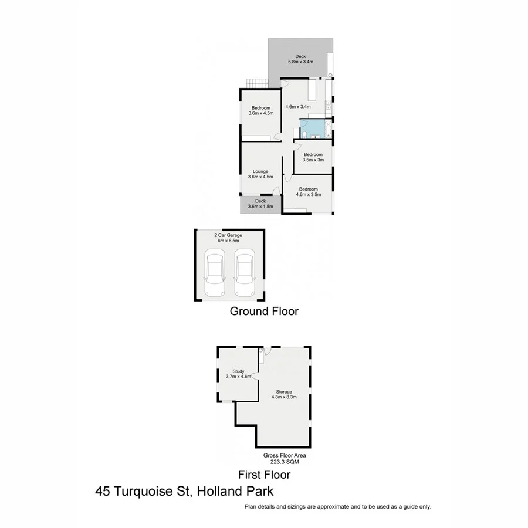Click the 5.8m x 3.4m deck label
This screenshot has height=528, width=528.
pos(300,59)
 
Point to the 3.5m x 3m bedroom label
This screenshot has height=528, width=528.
pos(313,157)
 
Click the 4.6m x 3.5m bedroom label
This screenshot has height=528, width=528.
pos(308,191)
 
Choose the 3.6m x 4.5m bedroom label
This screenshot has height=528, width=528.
pos(260,110)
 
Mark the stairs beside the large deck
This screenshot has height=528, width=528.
pos(256,83)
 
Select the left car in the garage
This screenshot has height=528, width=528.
pos(215,274)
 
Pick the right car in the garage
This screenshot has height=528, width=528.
pos(244,274)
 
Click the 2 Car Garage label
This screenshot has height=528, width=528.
pos(228,238)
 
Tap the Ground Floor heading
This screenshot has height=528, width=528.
pos(263,312)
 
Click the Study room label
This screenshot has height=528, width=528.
pos(238,374)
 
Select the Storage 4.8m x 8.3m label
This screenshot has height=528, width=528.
pos(285,394)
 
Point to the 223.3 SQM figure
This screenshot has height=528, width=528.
pos(285,462)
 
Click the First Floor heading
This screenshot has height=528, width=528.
pos(263,475)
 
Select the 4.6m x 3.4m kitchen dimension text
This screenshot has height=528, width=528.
pos(297,107)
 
